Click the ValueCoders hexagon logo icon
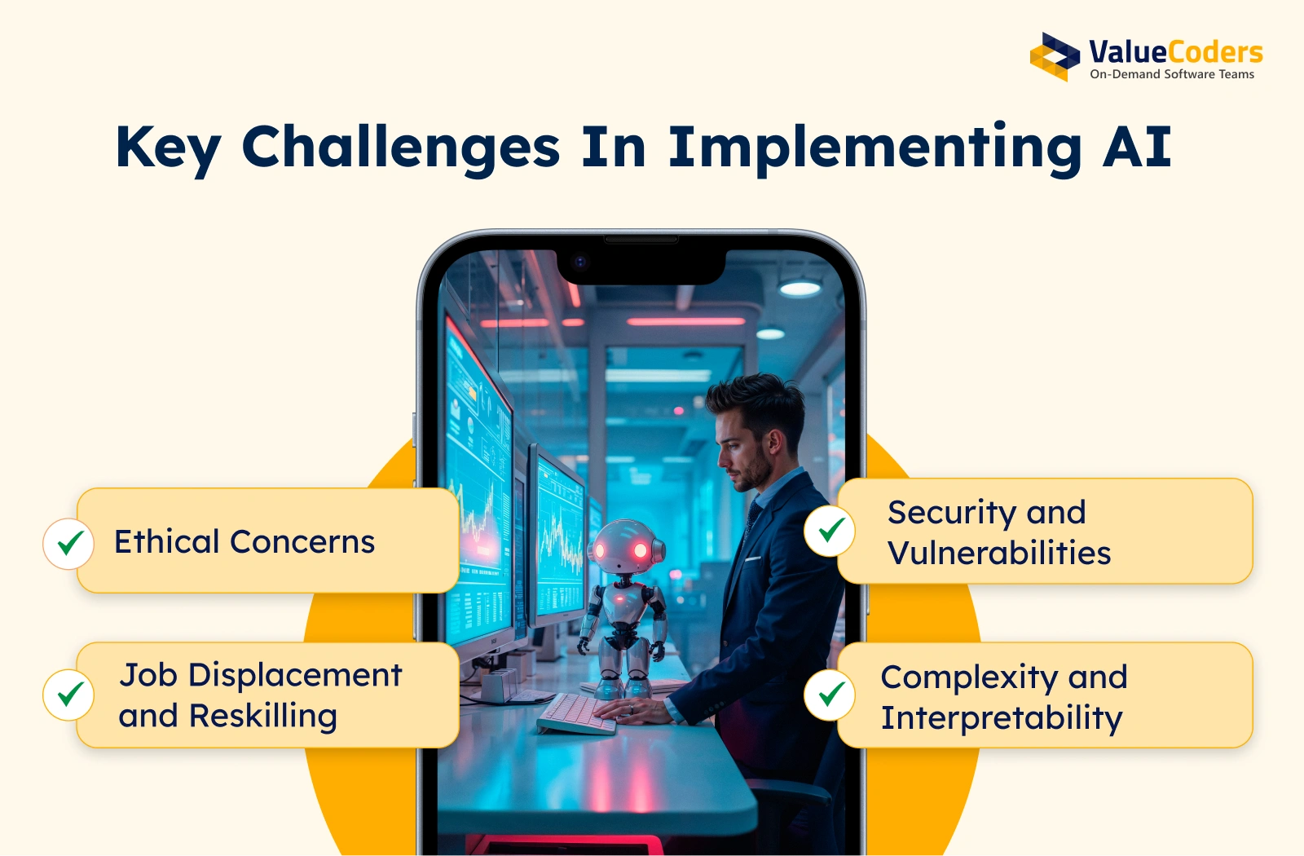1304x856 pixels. click(x=1055, y=56)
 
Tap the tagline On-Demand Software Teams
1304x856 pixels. click(x=1172, y=74)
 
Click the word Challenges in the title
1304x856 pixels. click(x=400, y=148)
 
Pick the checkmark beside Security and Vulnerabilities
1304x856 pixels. click(x=830, y=531)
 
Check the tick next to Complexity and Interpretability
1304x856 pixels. click(x=830, y=695)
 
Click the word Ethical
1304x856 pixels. click(x=166, y=541)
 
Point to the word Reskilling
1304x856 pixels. click(x=263, y=717)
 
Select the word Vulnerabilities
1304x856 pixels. click(x=999, y=553)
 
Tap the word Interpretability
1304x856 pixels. click(x=1002, y=718)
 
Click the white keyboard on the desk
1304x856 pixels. click(x=576, y=713)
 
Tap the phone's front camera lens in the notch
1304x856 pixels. click(x=579, y=262)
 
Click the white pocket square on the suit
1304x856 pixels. click(x=753, y=559)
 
